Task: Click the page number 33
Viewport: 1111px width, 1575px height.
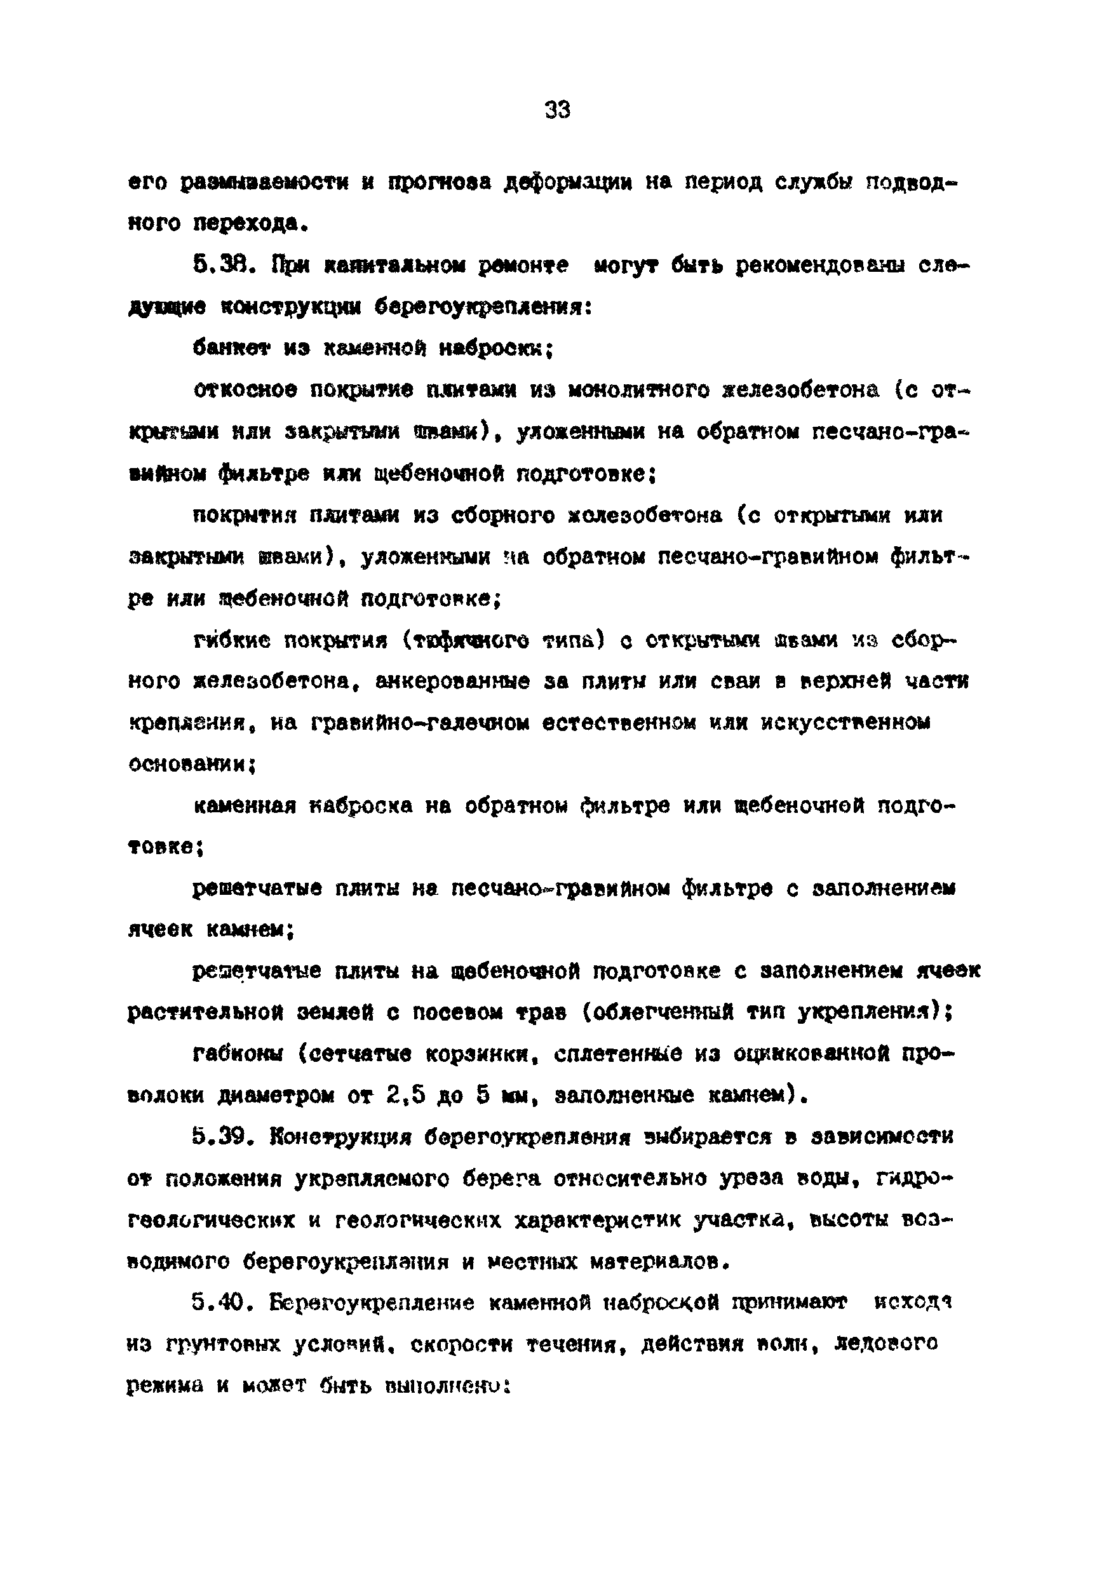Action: (556, 109)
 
